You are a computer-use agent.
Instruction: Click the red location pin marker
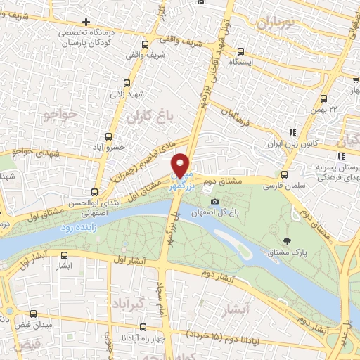181,165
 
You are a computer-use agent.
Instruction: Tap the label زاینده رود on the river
77,226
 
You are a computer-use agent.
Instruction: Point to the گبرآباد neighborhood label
128,302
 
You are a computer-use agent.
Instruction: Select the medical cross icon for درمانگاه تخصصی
86,22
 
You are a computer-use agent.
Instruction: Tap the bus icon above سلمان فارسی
283,175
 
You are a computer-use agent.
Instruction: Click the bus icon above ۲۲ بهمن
323,98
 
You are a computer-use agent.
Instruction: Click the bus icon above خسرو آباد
109,136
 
